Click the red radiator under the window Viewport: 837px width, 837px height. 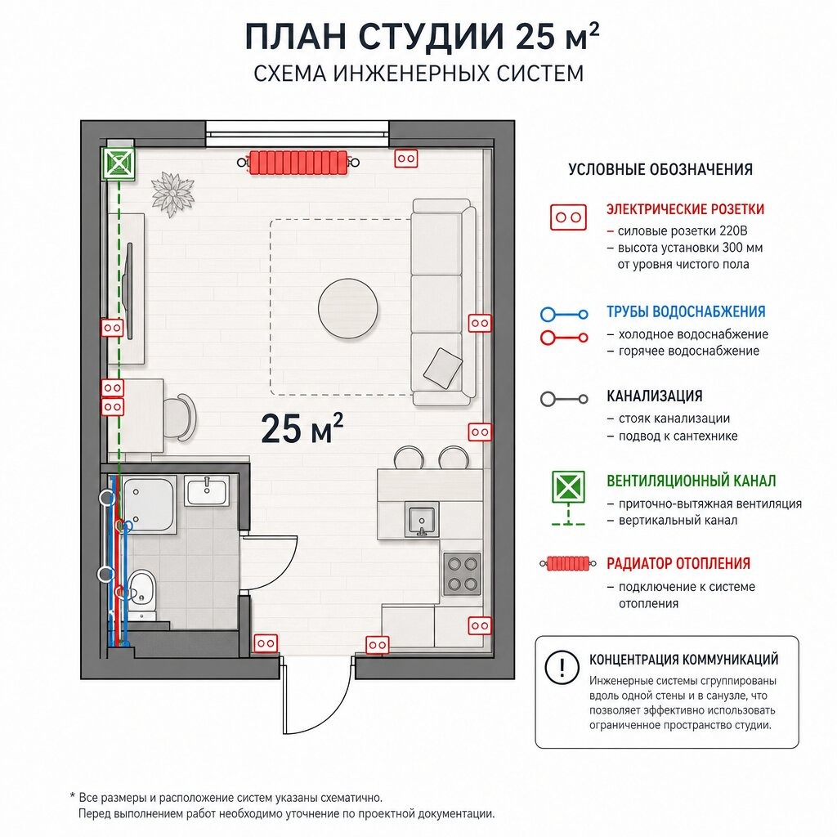[298, 163]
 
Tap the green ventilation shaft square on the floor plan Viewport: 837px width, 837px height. [118, 163]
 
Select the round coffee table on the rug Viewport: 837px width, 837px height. [348, 308]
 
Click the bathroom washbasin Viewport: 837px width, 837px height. [207, 490]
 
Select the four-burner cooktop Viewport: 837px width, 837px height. [463, 574]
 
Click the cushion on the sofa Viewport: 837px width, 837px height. [442, 368]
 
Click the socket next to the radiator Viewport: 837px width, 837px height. [405, 159]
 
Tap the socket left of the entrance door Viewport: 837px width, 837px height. [266, 644]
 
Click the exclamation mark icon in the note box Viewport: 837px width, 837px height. [562, 667]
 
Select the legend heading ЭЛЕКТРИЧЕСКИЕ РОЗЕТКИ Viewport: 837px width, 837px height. [686, 209]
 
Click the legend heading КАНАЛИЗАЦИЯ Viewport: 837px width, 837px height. [655, 396]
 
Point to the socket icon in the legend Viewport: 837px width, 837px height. [569, 217]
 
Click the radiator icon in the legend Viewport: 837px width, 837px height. [568, 564]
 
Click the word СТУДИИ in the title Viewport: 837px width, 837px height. [431, 37]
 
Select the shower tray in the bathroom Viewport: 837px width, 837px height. [149, 504]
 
